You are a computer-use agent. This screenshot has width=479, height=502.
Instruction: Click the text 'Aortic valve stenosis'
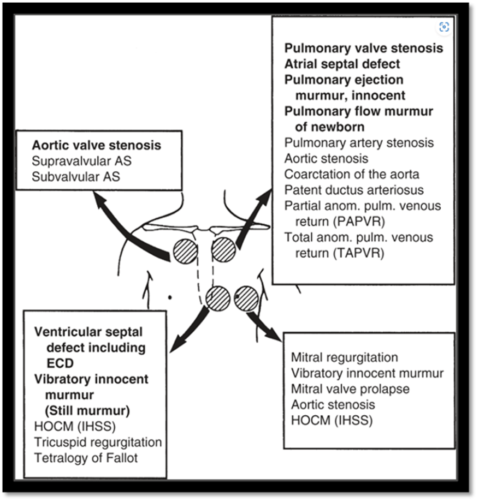[96, 146]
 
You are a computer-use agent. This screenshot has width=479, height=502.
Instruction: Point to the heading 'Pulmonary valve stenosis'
[363, 48]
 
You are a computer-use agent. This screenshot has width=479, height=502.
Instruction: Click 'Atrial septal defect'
[342, 64]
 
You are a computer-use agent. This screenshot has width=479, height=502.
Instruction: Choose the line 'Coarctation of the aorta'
[351, 175]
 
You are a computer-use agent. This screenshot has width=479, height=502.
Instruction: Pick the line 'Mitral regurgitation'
[344, 358]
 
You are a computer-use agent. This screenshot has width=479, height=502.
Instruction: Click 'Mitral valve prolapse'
[350, 389]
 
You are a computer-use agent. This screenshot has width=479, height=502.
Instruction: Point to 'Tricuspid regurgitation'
[98, 442]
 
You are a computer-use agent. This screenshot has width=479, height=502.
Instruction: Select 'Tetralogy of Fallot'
[86, 457]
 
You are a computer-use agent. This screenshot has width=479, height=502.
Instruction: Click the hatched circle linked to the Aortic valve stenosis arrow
[186, 252]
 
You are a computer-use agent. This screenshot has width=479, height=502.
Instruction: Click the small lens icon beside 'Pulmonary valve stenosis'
[443, 27]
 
